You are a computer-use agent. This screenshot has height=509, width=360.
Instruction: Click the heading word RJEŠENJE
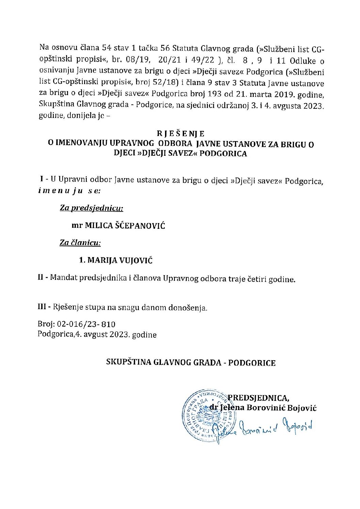181,134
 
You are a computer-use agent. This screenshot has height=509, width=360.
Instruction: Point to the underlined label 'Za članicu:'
80,243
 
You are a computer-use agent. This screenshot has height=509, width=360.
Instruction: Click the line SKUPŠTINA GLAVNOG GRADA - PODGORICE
191,363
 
